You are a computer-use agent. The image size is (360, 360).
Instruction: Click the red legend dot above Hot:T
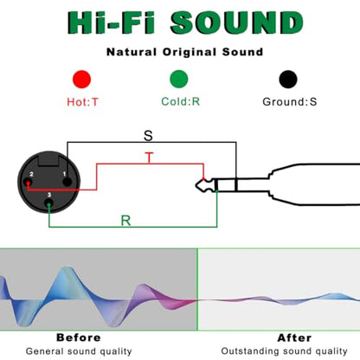[82, 79]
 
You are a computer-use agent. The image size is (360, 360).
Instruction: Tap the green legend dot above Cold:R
[179, 79]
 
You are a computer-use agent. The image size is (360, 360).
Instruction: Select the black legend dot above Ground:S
[288, 79]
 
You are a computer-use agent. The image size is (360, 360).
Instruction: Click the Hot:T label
[82, 102]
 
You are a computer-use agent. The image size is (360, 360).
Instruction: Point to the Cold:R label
[181, 101]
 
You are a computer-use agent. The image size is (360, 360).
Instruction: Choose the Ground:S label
[290, 102]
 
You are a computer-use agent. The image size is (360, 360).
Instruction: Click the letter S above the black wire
[148, 136]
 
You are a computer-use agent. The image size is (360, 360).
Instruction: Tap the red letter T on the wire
[149, 157]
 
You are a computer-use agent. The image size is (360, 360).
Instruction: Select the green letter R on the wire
[125, 221]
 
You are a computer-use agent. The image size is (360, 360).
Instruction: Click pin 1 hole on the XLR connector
[67, 182]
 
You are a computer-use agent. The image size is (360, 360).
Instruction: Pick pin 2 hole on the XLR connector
[28, 183]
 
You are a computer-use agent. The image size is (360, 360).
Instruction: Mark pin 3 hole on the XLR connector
[48, 204]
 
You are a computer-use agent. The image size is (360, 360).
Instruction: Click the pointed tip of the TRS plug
[196, 185]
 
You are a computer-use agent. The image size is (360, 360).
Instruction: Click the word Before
[79, 337]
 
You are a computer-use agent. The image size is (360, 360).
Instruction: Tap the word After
[294, 337]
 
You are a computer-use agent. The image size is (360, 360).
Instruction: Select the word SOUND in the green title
[237, 22]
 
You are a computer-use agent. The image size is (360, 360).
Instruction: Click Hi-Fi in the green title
[112, 22]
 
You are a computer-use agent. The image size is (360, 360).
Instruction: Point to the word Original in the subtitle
[190, 52]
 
